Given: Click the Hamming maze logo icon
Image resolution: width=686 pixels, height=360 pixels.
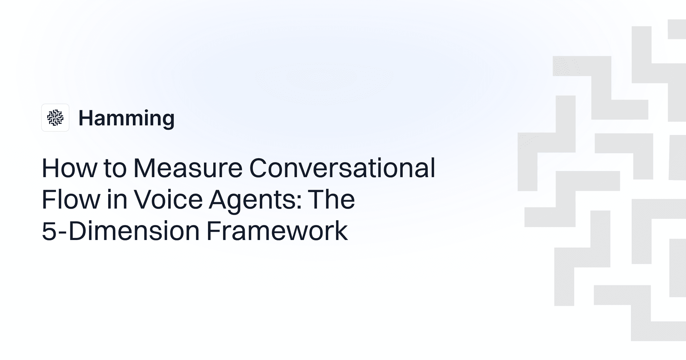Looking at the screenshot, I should point(55,118).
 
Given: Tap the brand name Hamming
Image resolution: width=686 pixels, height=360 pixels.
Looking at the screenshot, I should point(126,118).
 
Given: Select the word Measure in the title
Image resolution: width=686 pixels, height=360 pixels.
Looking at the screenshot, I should point(188,168).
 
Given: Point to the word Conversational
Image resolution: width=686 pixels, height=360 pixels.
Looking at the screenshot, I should point(342,168).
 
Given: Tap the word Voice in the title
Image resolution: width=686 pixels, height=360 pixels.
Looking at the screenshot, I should point(169,199).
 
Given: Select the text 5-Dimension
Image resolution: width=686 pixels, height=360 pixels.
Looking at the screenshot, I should point(121,231).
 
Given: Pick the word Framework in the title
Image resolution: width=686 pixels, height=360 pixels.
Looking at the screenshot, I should point(277,231).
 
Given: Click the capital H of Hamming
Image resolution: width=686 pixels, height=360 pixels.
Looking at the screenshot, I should point(85,118).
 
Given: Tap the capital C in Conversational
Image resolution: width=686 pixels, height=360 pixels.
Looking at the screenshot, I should point(259,168).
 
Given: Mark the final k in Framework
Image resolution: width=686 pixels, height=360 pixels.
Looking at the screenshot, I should point(341,231).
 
